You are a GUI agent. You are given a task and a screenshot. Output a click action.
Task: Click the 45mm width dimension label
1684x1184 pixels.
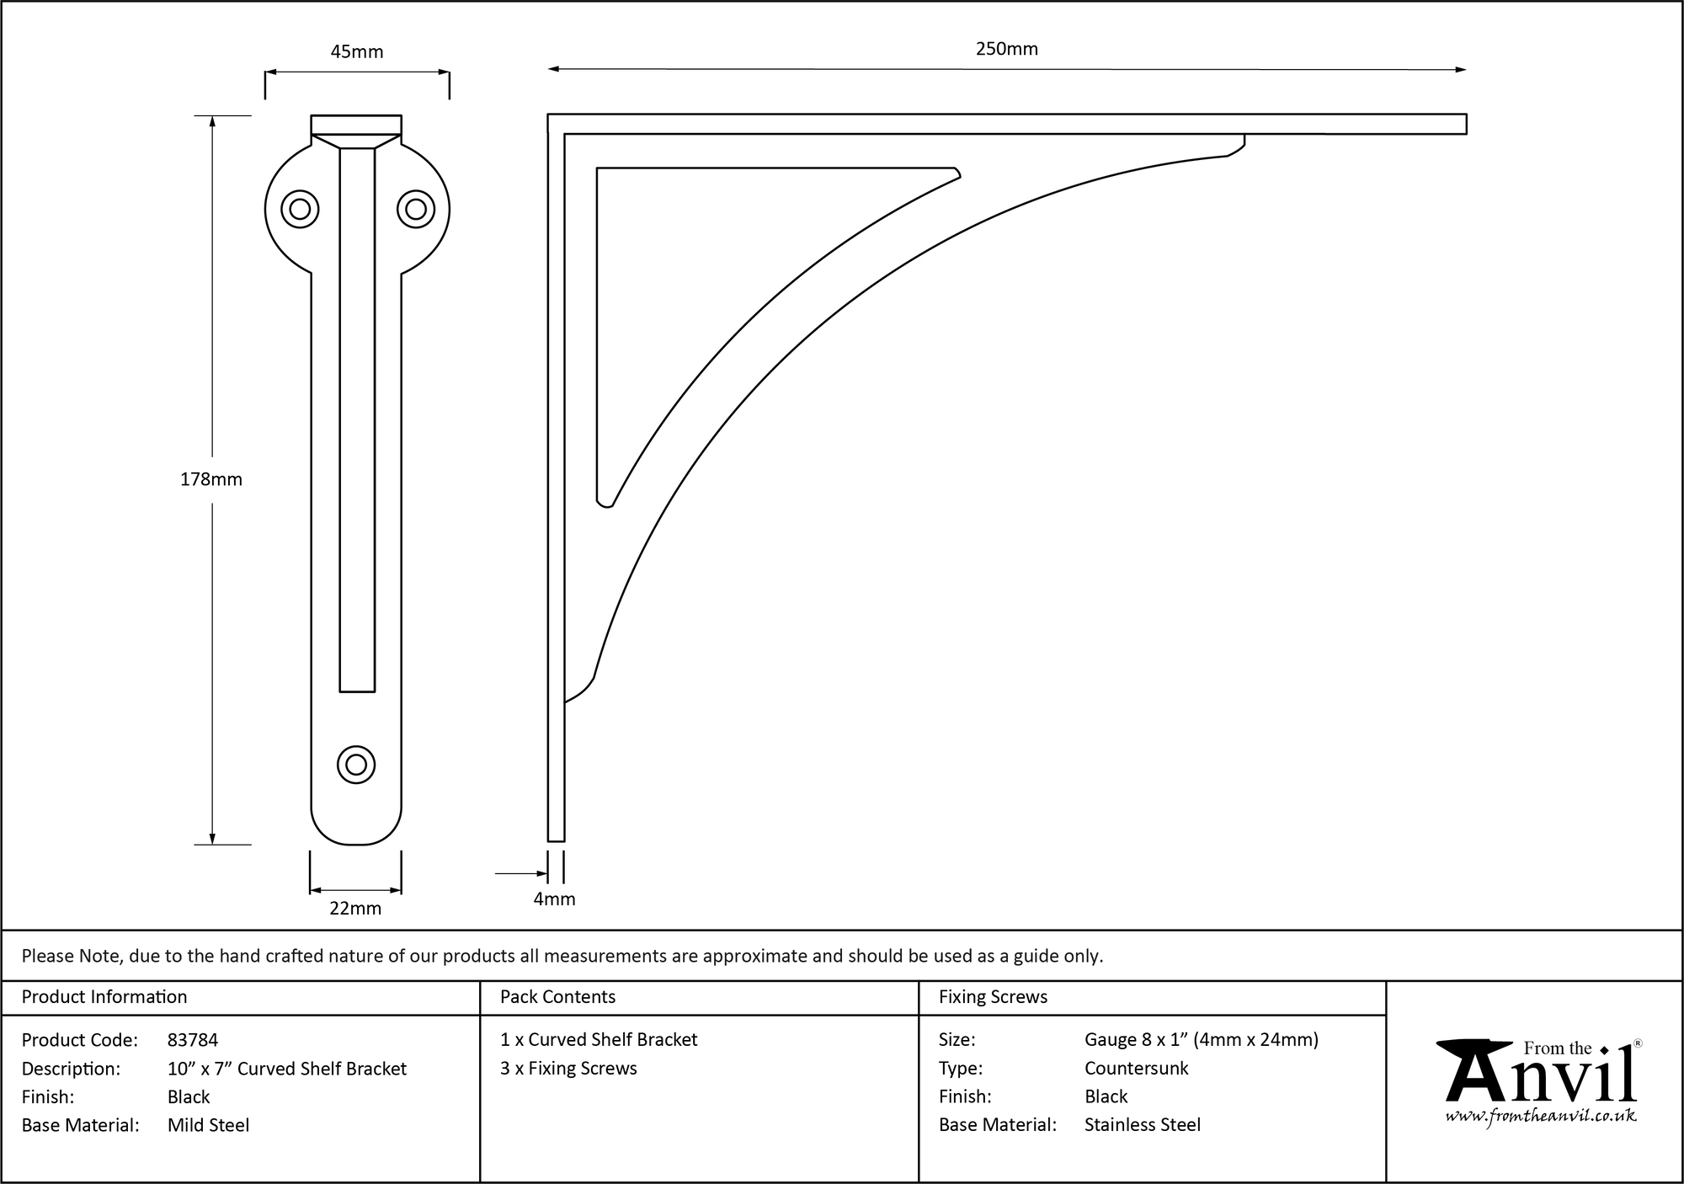point(356,52)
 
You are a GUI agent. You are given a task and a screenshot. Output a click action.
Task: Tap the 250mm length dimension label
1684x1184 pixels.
point(1006,49)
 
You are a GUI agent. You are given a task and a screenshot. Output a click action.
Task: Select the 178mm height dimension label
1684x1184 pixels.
point(210,479)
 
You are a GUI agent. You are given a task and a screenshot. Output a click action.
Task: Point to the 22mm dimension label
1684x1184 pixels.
point(355,909)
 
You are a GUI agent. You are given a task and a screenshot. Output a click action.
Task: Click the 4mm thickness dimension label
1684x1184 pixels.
point(554,899)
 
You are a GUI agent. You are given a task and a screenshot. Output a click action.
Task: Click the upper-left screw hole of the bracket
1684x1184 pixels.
point(300,209)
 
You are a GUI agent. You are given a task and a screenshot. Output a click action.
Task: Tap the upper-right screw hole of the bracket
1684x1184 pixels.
point(415,209)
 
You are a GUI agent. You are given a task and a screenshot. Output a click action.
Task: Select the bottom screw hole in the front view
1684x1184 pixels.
point(356,765)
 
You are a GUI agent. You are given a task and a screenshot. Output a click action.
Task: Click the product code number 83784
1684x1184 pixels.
point(193,1040)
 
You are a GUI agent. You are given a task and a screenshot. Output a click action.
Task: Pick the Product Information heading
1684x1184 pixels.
point(104,997)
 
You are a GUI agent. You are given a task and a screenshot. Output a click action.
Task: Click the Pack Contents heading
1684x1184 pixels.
point(557,997)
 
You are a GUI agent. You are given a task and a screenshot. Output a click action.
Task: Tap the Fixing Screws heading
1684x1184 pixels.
point(993,997)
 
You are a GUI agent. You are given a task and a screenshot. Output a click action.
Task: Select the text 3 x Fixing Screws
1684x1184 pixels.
point(568,1069)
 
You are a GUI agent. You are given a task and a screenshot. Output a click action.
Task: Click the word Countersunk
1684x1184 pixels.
point(1136,1069)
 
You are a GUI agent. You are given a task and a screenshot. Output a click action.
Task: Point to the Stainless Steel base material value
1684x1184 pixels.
point(1142,1125)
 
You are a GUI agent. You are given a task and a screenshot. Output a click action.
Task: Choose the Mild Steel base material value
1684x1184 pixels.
point(208,1125)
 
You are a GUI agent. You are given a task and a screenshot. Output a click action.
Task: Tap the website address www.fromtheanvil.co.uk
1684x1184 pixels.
point(1541,1116)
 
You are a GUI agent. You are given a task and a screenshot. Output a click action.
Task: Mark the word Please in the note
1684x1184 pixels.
point(47,956)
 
